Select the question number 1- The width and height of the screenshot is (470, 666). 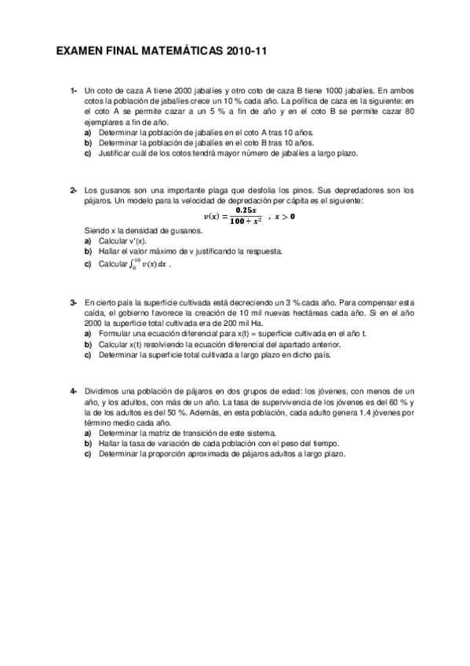tap(73, 91)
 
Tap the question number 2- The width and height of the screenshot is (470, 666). tap(73, 191)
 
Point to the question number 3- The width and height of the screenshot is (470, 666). tap(73, 302)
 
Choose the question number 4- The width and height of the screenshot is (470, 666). tap(73, 390)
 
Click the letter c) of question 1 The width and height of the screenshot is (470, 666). tap(87, 154)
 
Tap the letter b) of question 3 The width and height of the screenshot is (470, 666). tap(87, 344)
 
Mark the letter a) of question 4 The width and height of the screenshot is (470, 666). tap(87, 433)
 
